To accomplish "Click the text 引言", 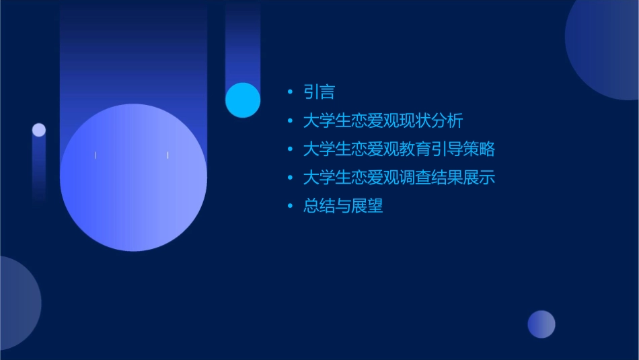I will [319, 92].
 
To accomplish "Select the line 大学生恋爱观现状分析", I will [383, 121].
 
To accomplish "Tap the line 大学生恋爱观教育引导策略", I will [399, 149].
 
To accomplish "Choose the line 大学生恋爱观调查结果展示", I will [399, 178].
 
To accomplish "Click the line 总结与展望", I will [343, 207].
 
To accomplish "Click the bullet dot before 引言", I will [290, 92].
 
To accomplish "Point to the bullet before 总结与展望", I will [290, 207].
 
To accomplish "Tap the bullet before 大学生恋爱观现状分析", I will [290, 121].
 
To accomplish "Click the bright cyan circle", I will [243, 100].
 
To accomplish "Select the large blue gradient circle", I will [133, 178].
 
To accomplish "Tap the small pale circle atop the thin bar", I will [39, 130].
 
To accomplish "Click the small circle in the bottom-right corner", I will [541, 324].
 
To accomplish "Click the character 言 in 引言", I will [327, 92].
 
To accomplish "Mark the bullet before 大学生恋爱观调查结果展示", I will [290, 178].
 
